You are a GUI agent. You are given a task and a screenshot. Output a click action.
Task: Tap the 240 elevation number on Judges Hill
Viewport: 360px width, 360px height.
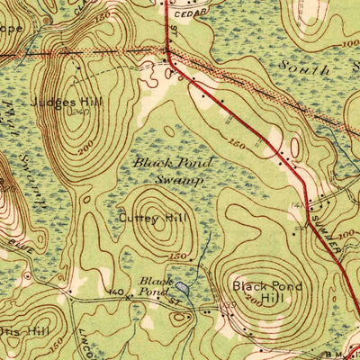click(x=80, y=113)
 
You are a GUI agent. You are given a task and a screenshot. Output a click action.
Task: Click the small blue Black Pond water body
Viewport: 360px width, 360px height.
click(x=184, y=287)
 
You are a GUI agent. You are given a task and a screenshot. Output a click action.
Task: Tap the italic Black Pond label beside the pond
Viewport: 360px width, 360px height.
click(x=153, y=286)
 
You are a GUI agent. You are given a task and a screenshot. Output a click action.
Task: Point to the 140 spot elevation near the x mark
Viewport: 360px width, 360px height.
click(x=115, y=292)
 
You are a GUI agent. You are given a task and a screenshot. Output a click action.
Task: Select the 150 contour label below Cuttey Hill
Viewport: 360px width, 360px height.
click(x=177, y=256)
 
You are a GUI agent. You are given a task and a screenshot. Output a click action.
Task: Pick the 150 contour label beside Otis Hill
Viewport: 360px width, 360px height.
click(x=56, y=345)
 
